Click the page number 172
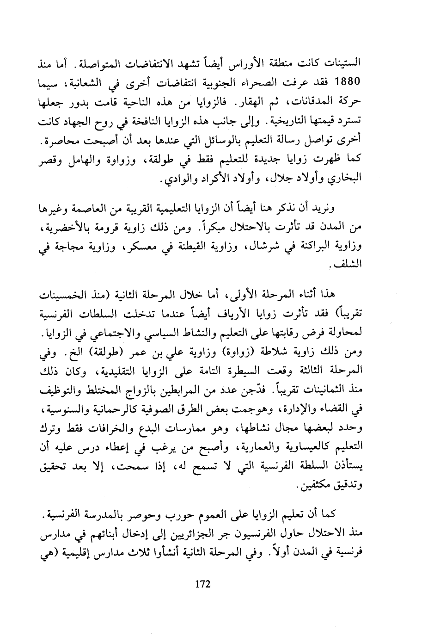point(203,584)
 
